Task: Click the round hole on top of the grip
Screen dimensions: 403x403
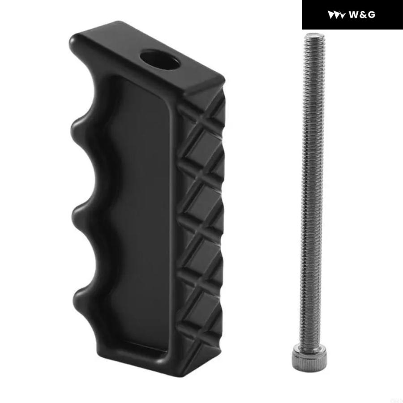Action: (x=160, y=60)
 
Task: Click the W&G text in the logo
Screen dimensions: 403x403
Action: (x=362, y=15)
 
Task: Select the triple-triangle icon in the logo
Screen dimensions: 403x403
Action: (x=336, y=15)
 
